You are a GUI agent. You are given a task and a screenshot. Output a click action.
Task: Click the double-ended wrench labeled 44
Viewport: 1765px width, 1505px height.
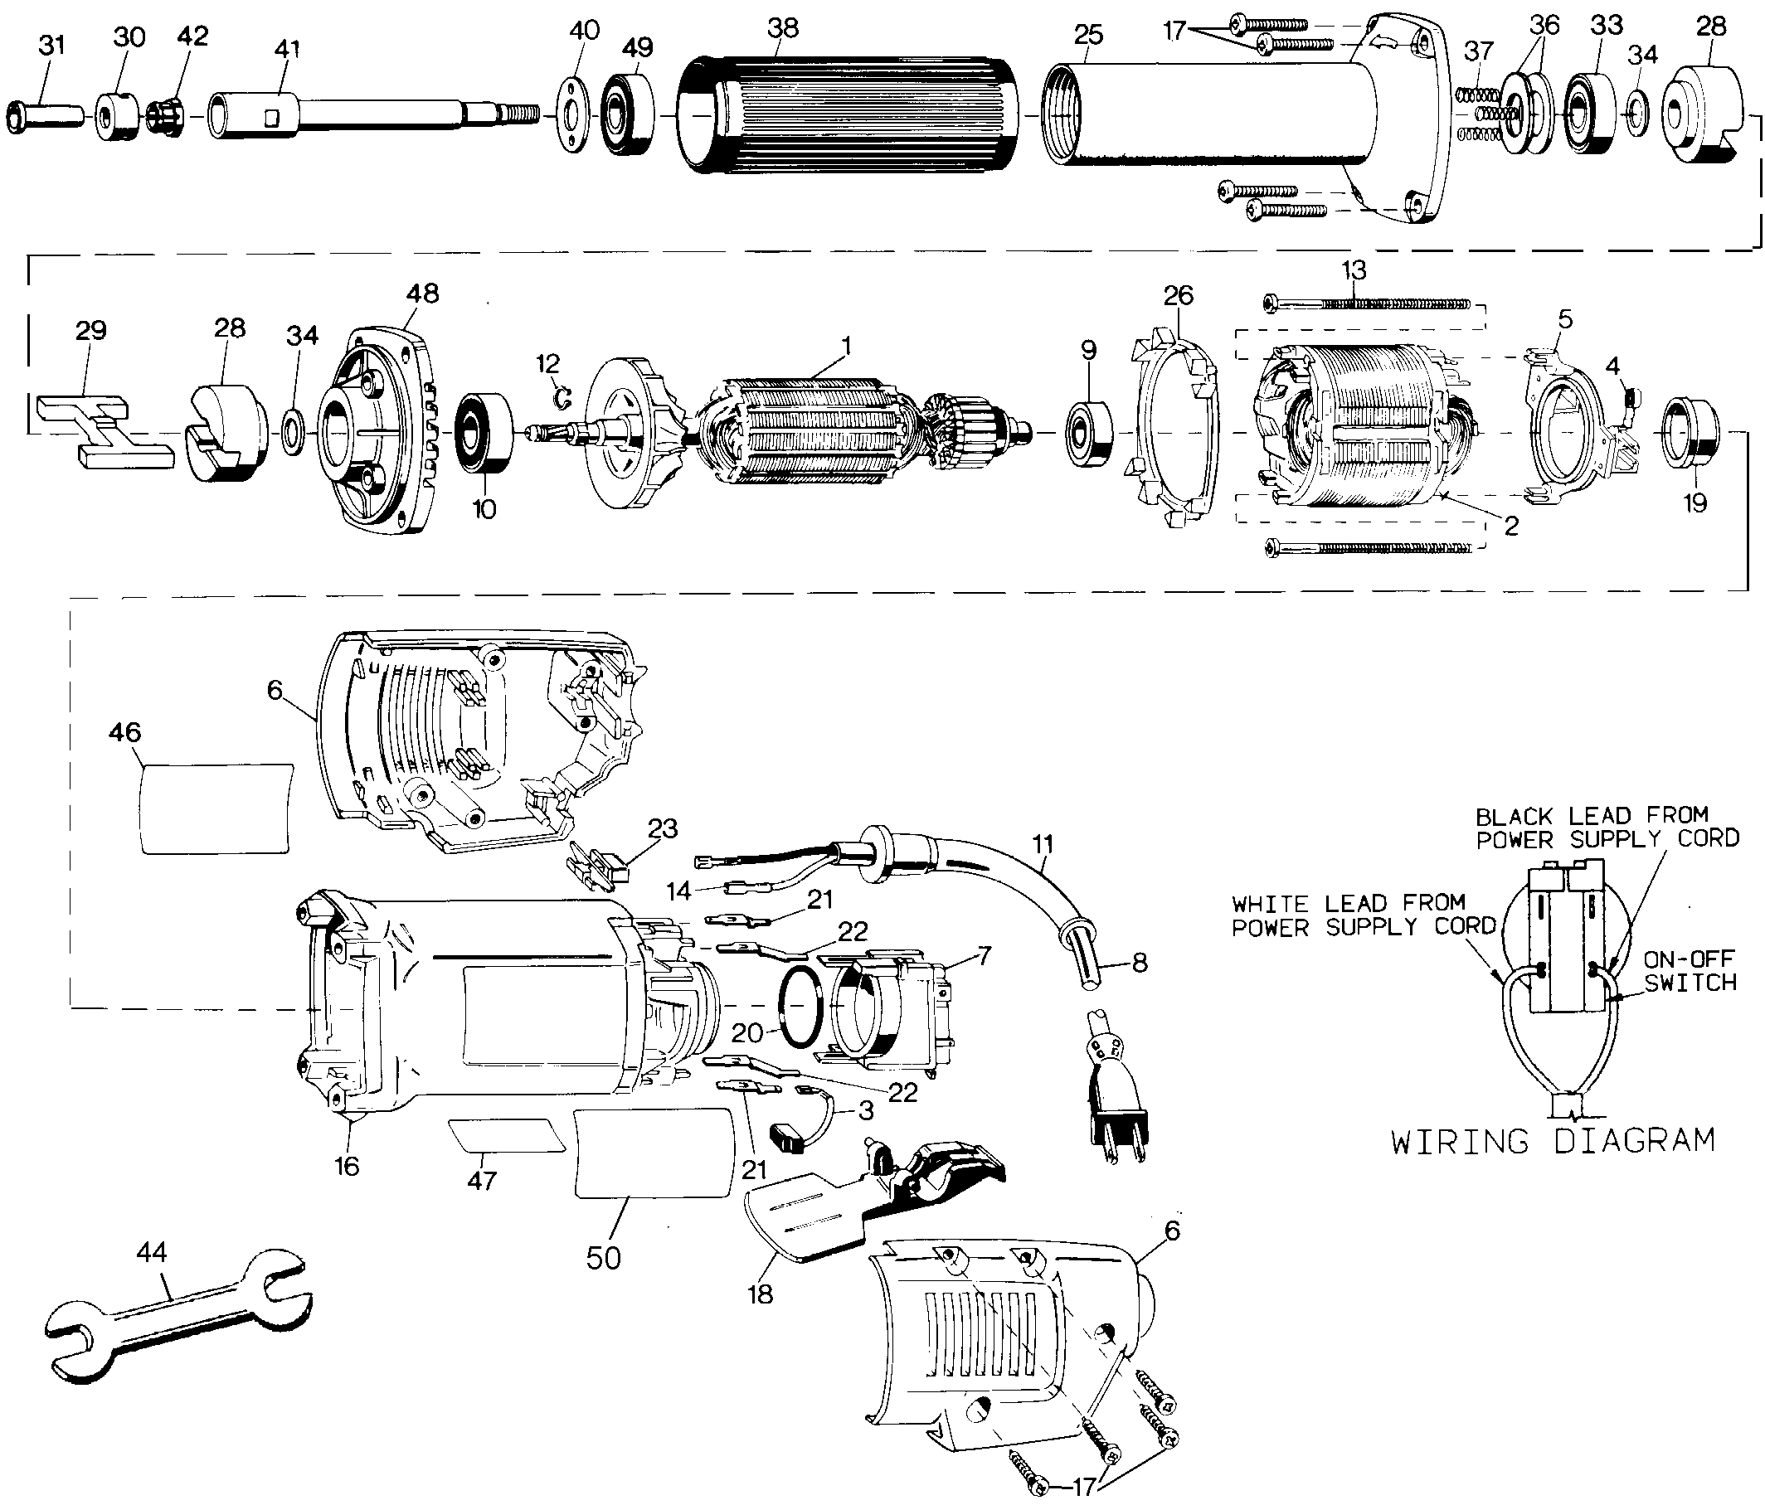click(x=175, y=1313)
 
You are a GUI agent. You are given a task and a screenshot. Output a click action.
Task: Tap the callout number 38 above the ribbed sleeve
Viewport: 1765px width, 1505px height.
click(x=783, y=28)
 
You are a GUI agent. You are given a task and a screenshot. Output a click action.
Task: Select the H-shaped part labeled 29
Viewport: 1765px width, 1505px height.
click(x=105, y=430)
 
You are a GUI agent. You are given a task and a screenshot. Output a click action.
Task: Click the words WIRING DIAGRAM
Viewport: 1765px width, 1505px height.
click(x=1552, y=1140)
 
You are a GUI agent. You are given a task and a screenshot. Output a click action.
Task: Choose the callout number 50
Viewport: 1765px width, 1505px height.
click(x=604, y=1257)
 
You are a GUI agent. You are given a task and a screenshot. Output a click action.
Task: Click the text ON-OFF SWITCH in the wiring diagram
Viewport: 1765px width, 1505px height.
click(x=1690, y=971)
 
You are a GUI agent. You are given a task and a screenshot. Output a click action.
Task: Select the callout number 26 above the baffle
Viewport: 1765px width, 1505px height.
click(x=1178, y=295)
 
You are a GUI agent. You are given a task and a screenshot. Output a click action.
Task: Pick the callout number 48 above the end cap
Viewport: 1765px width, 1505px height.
click(x=423, y=293)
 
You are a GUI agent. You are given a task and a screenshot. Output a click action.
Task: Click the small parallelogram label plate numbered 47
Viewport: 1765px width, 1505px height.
click(x=506, y=1135)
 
